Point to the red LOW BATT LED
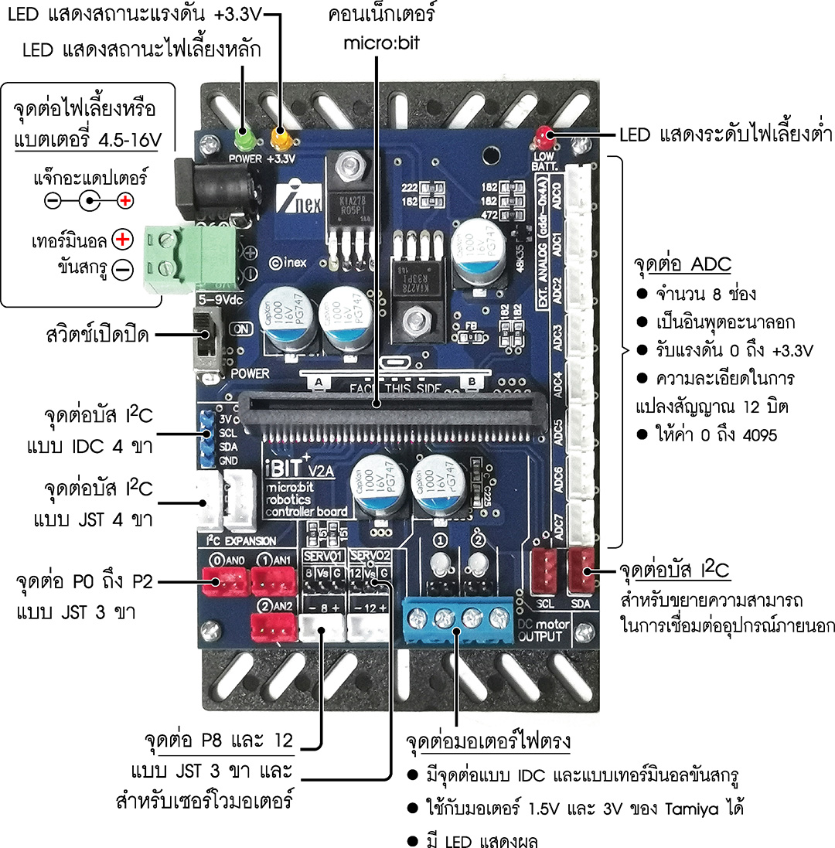545,137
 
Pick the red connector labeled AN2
273,627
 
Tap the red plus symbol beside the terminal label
121,240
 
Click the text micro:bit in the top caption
382,43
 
